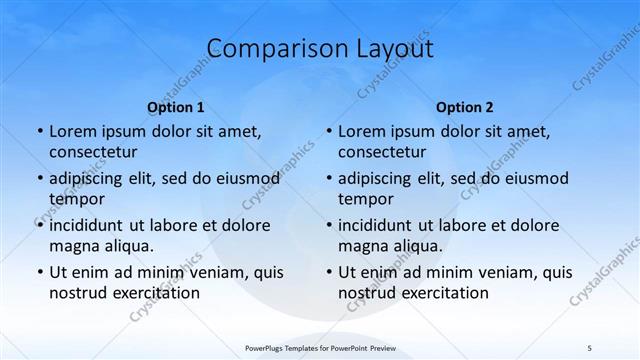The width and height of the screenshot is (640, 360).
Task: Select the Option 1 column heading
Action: click(x=176, y=107)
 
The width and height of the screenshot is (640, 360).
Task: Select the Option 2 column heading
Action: click(x=465, y=107)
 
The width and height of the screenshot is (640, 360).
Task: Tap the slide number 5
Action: click(x=589, y=347)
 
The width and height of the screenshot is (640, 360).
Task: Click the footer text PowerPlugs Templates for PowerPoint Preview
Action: click(x=319, y=347)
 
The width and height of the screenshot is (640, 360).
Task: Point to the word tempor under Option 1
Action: click(x=77, y=198)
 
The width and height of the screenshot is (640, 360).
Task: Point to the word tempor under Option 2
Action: click(x=366, y=198)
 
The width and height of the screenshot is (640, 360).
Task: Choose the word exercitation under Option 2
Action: click(x=441, y=293)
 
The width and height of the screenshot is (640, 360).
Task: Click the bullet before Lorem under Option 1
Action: click(x=38, y=131)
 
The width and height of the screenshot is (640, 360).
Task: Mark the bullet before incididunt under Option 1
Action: click(x=38, y=225)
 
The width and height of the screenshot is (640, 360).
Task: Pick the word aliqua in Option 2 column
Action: click(x=418, y=245)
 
